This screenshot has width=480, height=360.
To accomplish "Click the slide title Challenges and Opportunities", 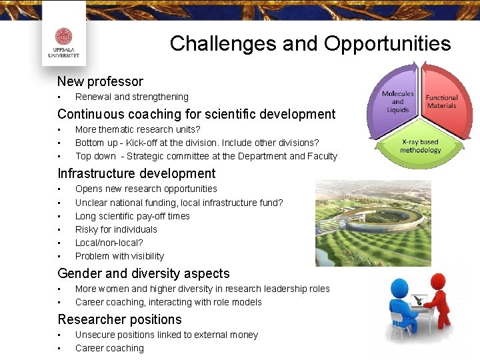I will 310,44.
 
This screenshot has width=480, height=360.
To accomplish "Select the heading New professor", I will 100,82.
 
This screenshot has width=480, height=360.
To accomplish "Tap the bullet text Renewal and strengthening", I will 131,97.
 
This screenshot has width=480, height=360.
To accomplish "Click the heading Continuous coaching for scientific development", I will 196,114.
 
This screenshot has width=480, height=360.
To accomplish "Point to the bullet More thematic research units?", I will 137,129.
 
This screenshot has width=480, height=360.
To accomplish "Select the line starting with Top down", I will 206,156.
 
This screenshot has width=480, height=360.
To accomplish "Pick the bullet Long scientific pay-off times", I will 132,216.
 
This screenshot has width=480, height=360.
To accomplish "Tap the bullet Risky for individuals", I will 116,229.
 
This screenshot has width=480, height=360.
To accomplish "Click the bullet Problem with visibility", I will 119,256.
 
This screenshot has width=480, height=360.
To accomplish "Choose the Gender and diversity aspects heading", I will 143,273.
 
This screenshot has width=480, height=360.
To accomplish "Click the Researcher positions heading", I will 119,319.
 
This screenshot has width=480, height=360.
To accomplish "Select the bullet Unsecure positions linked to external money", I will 166,335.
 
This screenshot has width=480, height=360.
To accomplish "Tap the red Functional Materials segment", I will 441,100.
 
